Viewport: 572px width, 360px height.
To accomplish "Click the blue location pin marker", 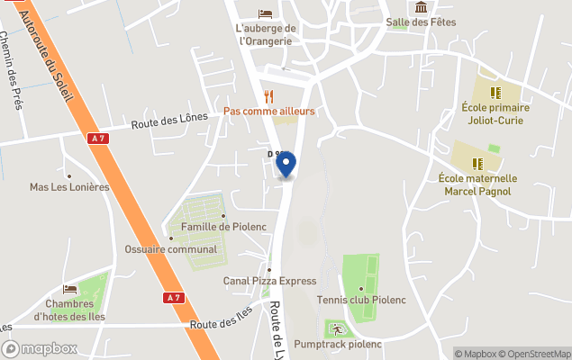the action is pyautogui.click(x=286, y=165).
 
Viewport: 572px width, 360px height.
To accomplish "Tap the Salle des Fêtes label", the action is pyautogui.click(x=421, y=22).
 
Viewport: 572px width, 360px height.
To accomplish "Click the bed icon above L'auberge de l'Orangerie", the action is pyautogui.click(x=265, y=13).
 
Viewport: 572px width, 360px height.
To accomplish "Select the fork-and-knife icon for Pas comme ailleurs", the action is pyautogui.click(x=268, y=96).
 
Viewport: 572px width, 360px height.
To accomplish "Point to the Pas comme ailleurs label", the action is pyautogui.click(x=269, y=112).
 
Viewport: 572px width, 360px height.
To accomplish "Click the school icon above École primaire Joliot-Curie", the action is pyautogui.click(x=495, y=92).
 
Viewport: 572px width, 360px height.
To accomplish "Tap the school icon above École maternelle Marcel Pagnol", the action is pyautogui.click(x=477, y=164).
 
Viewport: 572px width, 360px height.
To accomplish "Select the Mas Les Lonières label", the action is pyautogui.click(x=69, y=187).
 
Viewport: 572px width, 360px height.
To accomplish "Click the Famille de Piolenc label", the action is pyautogui.click(x=219, y=227).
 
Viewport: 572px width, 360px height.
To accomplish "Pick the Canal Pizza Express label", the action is pyautogui.click(x=269, y=281).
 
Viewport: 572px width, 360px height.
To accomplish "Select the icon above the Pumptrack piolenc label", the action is pyautogui.click(x=335, y=328).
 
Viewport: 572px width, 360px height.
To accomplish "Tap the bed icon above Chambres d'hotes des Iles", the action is pyautogui.click(x=70, y=289).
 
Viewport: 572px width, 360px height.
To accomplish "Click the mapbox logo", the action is pyautogui.click(x=40, y=349).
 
